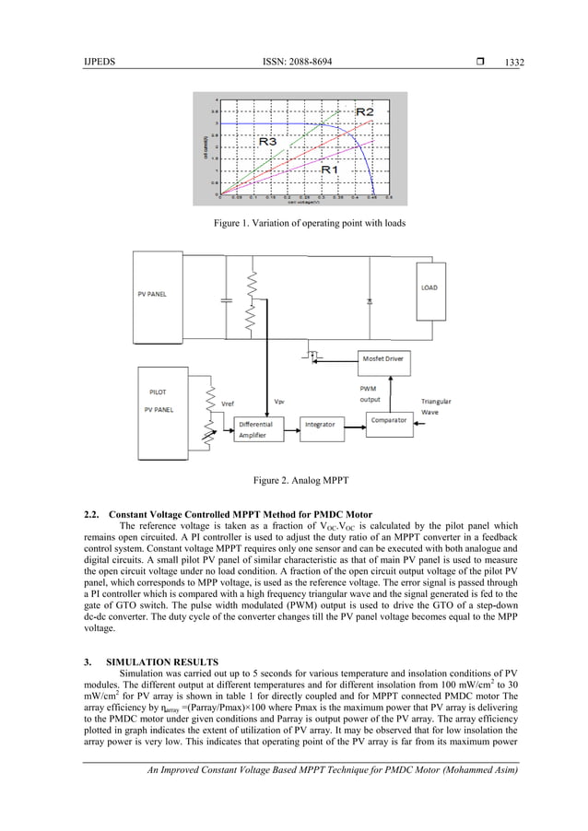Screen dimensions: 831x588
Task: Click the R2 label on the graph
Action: pos(365,111)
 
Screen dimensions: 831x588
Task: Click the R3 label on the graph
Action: pos(268,142)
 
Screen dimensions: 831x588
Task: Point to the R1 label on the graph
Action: pos(331,170)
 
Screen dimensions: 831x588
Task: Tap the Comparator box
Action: pos(389,419)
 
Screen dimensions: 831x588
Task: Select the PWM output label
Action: pos(368,394)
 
